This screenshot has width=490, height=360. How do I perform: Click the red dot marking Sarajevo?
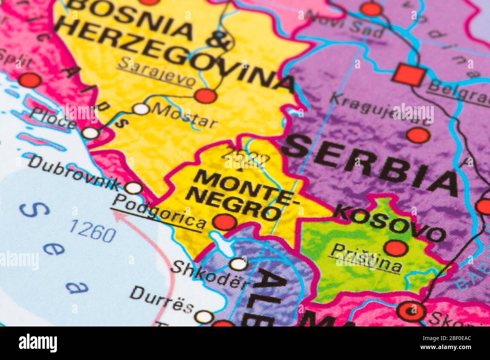coord(205,96)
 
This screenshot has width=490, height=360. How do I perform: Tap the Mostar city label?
coord(185,116)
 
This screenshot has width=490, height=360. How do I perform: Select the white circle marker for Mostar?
coord(141,109)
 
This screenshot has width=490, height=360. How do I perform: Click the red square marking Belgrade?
coord(409,75)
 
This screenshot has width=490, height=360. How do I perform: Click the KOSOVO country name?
coord(390,222)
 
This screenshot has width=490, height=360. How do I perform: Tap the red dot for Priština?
coord(396,248)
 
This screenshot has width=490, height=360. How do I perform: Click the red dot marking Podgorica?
coord(224,222)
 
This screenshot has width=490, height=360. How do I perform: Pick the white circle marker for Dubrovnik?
coord(133,188)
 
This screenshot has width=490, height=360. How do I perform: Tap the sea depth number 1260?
coord(93,230)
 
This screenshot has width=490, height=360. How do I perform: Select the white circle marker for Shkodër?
coord(238,264)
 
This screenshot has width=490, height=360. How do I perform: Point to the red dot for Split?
coord(30,80)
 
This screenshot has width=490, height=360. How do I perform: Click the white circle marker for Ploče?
coord(90,133)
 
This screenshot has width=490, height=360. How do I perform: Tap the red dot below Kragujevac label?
coord(418,135)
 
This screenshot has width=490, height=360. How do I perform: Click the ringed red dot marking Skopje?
coord(411,311)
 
